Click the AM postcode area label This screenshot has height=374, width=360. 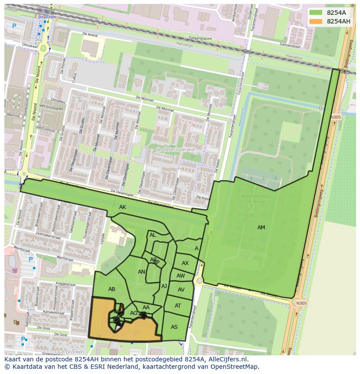click(261, 228)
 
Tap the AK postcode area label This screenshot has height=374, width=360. click(123, 207)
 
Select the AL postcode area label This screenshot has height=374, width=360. click(153, 235)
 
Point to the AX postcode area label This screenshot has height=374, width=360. click(185, 263)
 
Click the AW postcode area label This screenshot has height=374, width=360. click(180, 276)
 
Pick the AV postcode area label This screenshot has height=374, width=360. click(181, 290)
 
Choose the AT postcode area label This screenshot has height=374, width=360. click(178, 306)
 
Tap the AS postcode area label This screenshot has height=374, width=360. click(174, 327)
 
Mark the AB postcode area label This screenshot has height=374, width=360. click(112, 289)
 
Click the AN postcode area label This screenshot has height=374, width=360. click(141, 272)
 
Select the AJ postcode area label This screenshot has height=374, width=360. click(164, 286)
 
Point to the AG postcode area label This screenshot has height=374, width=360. click(133, 313)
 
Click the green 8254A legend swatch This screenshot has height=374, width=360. click(316, 13)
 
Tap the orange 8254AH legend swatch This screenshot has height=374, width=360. click(316, 21)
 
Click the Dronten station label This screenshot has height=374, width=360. click(47, 17)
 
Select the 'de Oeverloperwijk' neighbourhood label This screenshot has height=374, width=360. click(176, 149)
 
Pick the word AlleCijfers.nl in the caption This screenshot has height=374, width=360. click(227, 359)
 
